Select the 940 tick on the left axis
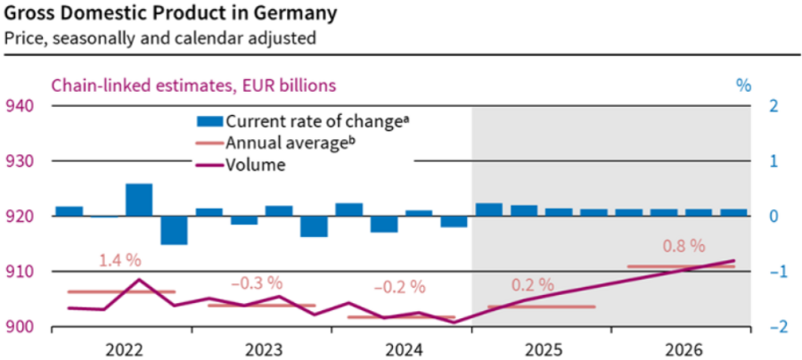point(20,106)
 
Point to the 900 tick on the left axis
point(20,326)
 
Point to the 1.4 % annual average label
point(121,260)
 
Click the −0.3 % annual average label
point(260,282)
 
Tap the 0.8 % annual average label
point(683,245)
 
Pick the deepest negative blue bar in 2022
point(174,230)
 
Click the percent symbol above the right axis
point(743,86)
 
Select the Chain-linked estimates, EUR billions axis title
point(193,86)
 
